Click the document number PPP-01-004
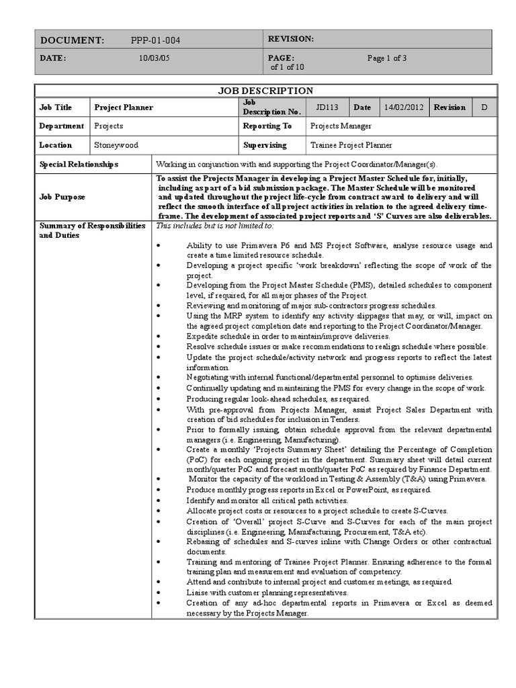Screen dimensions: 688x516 155,40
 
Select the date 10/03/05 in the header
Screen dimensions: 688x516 154,58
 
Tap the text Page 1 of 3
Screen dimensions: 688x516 386,58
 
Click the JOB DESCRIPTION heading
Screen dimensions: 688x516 265,91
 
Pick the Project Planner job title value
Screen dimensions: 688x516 124,107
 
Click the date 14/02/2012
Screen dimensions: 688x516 404,107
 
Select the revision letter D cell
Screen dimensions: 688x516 484,107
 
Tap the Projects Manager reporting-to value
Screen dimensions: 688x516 341,126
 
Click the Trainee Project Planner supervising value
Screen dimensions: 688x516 351,145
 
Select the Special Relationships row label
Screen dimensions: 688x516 79,164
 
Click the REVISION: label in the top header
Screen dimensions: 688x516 290,40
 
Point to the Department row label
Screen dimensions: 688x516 61,126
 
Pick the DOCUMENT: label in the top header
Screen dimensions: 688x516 72,40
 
